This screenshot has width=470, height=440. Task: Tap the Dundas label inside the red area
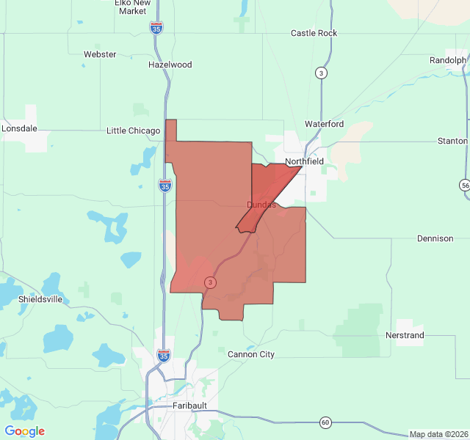coord(261,205)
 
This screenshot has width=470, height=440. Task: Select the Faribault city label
coord(189,405)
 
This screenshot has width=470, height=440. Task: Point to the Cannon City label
coord(251,354)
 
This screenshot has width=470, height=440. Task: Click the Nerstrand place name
coord(405,335)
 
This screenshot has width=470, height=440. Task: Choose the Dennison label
coord(435,238)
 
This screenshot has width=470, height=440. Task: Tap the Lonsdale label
coord(20,128)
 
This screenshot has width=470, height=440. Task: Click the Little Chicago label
coord(133,131)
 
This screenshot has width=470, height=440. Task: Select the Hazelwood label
coord(170,65)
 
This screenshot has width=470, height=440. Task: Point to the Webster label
coord(100,54)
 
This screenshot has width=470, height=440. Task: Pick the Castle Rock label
coord(314,33)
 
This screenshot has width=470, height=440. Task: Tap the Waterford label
coord(324,124)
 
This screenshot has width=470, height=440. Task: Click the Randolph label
coord(447,60)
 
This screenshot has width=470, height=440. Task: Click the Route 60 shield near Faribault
coord(325,422)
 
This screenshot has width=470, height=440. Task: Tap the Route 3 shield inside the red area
coord(211,282)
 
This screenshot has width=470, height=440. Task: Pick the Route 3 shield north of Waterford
coord(321,73)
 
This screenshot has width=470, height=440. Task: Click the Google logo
coord(25,431)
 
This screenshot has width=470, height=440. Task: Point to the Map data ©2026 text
coord(437,434)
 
